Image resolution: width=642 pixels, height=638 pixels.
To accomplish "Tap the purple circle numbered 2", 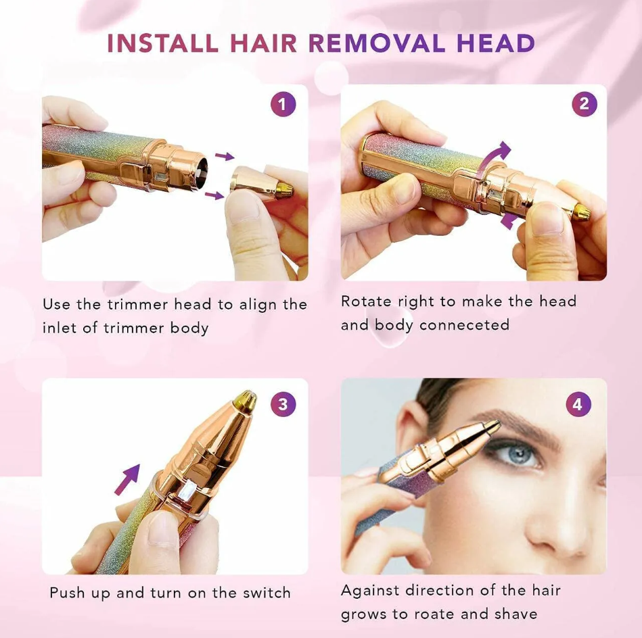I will (x=584, y=104).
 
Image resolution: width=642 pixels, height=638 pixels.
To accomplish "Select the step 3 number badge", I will (x=283, y=404).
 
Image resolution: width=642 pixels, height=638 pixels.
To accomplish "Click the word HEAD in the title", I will (x=495, y=43).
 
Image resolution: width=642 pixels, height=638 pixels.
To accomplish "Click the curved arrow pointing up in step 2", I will (x=495, y=156).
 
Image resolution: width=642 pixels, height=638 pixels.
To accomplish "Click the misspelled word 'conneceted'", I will (x=464, y=324).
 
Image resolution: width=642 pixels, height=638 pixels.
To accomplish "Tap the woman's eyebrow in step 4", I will (x=522, y=421).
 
